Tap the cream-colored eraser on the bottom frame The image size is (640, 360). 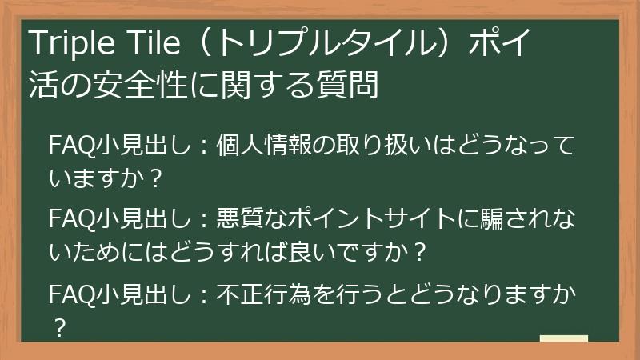tap(563, 338)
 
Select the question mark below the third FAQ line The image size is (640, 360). tap(58, 327)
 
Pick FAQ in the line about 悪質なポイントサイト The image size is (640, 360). tap(70, 219)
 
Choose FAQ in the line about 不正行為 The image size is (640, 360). tap(70, 294)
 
